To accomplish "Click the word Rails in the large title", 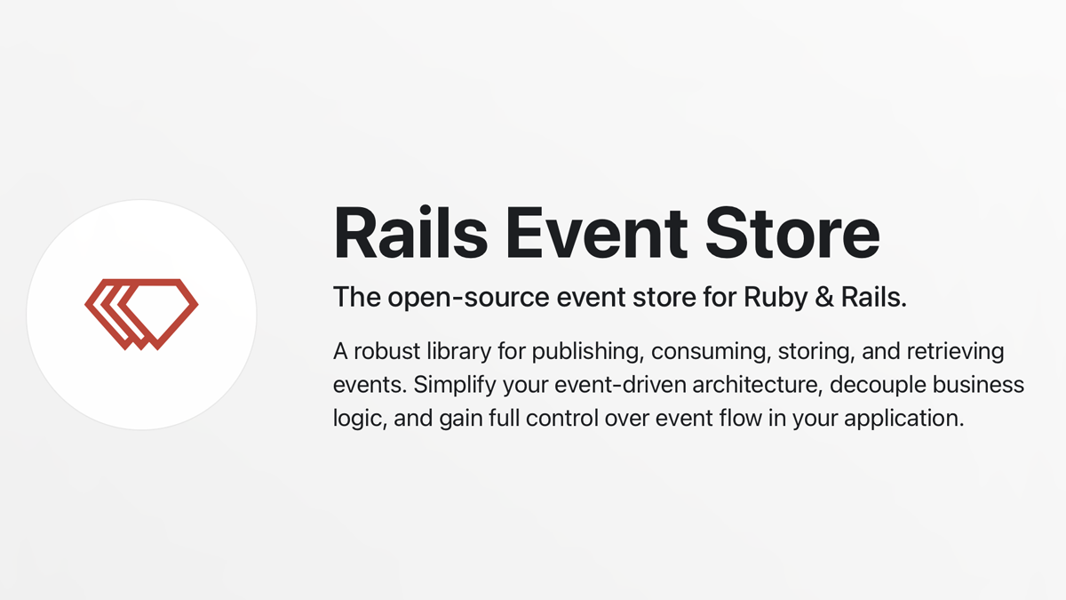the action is (x=410, y=232).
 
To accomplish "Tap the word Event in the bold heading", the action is (x=597, y=233).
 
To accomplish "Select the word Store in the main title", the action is (x=792, y=233).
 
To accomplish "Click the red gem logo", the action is (x=141, y=315).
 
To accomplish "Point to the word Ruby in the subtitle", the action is (x=776, y=298).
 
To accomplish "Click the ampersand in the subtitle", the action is (x=823, y=297).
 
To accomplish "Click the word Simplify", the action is (x=455, y=386).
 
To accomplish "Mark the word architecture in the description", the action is (x=758, y=386).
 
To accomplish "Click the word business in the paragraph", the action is (x=978, y=385).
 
